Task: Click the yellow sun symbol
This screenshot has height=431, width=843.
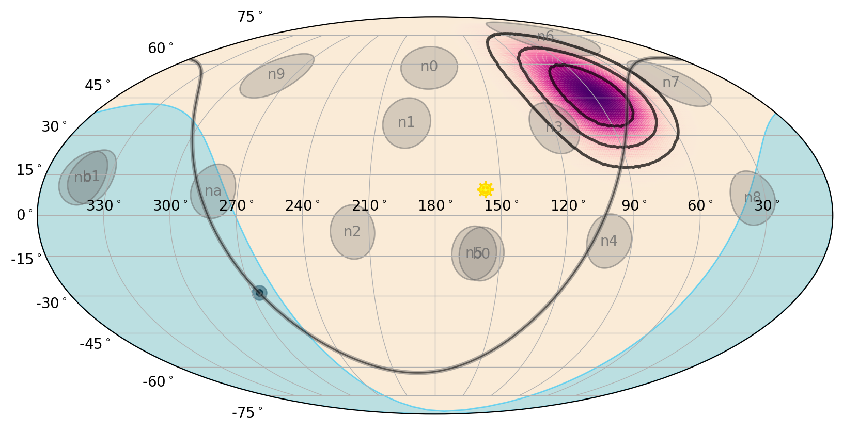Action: [x=485, y=189]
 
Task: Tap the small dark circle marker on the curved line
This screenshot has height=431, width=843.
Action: [x=259, y=293]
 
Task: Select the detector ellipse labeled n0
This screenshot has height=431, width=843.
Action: [x=429, y=68]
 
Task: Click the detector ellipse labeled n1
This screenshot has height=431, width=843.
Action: [x=407, y=123]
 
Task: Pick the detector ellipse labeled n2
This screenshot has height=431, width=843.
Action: [x=353, y=232]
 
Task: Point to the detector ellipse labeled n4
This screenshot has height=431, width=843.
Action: [x=609, y=241]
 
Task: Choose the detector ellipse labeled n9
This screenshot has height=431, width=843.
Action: [x=277, y=75]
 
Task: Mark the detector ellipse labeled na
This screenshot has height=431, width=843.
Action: [x=213, y=191]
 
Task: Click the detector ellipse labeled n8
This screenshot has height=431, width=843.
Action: [x=753, y=198]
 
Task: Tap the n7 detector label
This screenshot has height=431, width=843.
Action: [x=670, y=83]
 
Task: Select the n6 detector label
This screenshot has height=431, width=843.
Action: [x=545, y=36]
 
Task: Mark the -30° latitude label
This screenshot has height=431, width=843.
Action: [x=51, y=303]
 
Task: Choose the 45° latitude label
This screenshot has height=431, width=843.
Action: [x=97, y=85]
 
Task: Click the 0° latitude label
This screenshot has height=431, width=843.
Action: [x=24, y=215]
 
